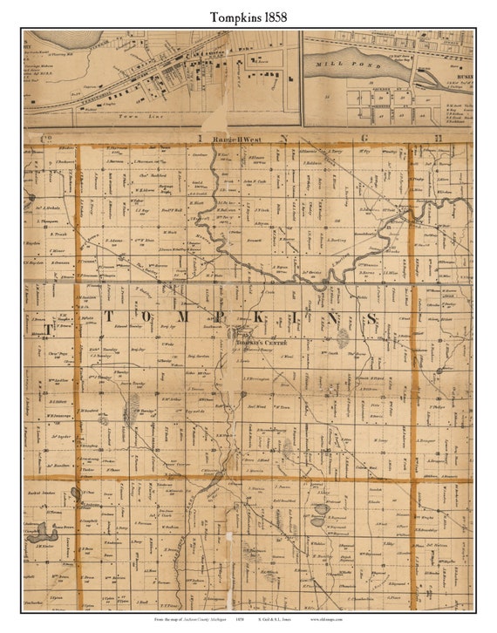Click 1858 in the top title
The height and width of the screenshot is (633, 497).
click(272, 17)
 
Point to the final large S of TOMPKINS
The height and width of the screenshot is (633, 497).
click(371, 319)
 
